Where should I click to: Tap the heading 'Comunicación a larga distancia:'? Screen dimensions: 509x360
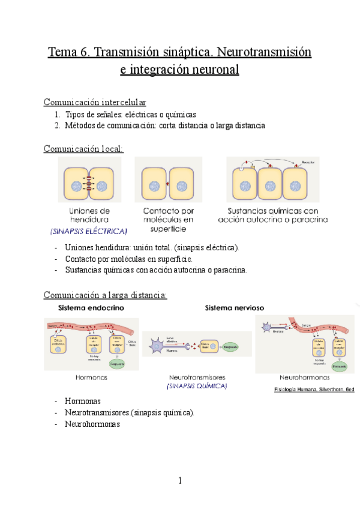(x=105, y=295)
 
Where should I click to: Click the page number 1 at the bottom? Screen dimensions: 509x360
(x=179, y=480)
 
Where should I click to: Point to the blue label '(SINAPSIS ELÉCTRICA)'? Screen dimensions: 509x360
(x=89, y=231)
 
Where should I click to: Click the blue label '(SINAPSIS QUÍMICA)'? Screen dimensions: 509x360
(x=197, y=387)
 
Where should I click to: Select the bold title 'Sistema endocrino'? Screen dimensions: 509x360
(x=91, y=308)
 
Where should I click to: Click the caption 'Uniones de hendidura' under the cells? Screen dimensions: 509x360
(x=89, y=215)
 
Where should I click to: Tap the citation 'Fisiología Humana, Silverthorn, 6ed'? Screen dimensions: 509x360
(x=314, y=389)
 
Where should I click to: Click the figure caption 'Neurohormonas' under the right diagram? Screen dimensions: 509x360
(x=304, y=378)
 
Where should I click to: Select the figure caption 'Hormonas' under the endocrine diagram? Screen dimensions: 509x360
(x=92, y=378)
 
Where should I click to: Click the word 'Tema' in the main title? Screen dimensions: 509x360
(x=63, y=52)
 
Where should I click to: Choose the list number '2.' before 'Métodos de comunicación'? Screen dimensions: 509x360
(x=57, y=125)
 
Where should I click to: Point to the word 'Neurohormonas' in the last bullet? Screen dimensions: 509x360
(x=92, y=424)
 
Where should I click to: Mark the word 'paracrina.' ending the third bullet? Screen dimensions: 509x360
(x=227, y=270)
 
